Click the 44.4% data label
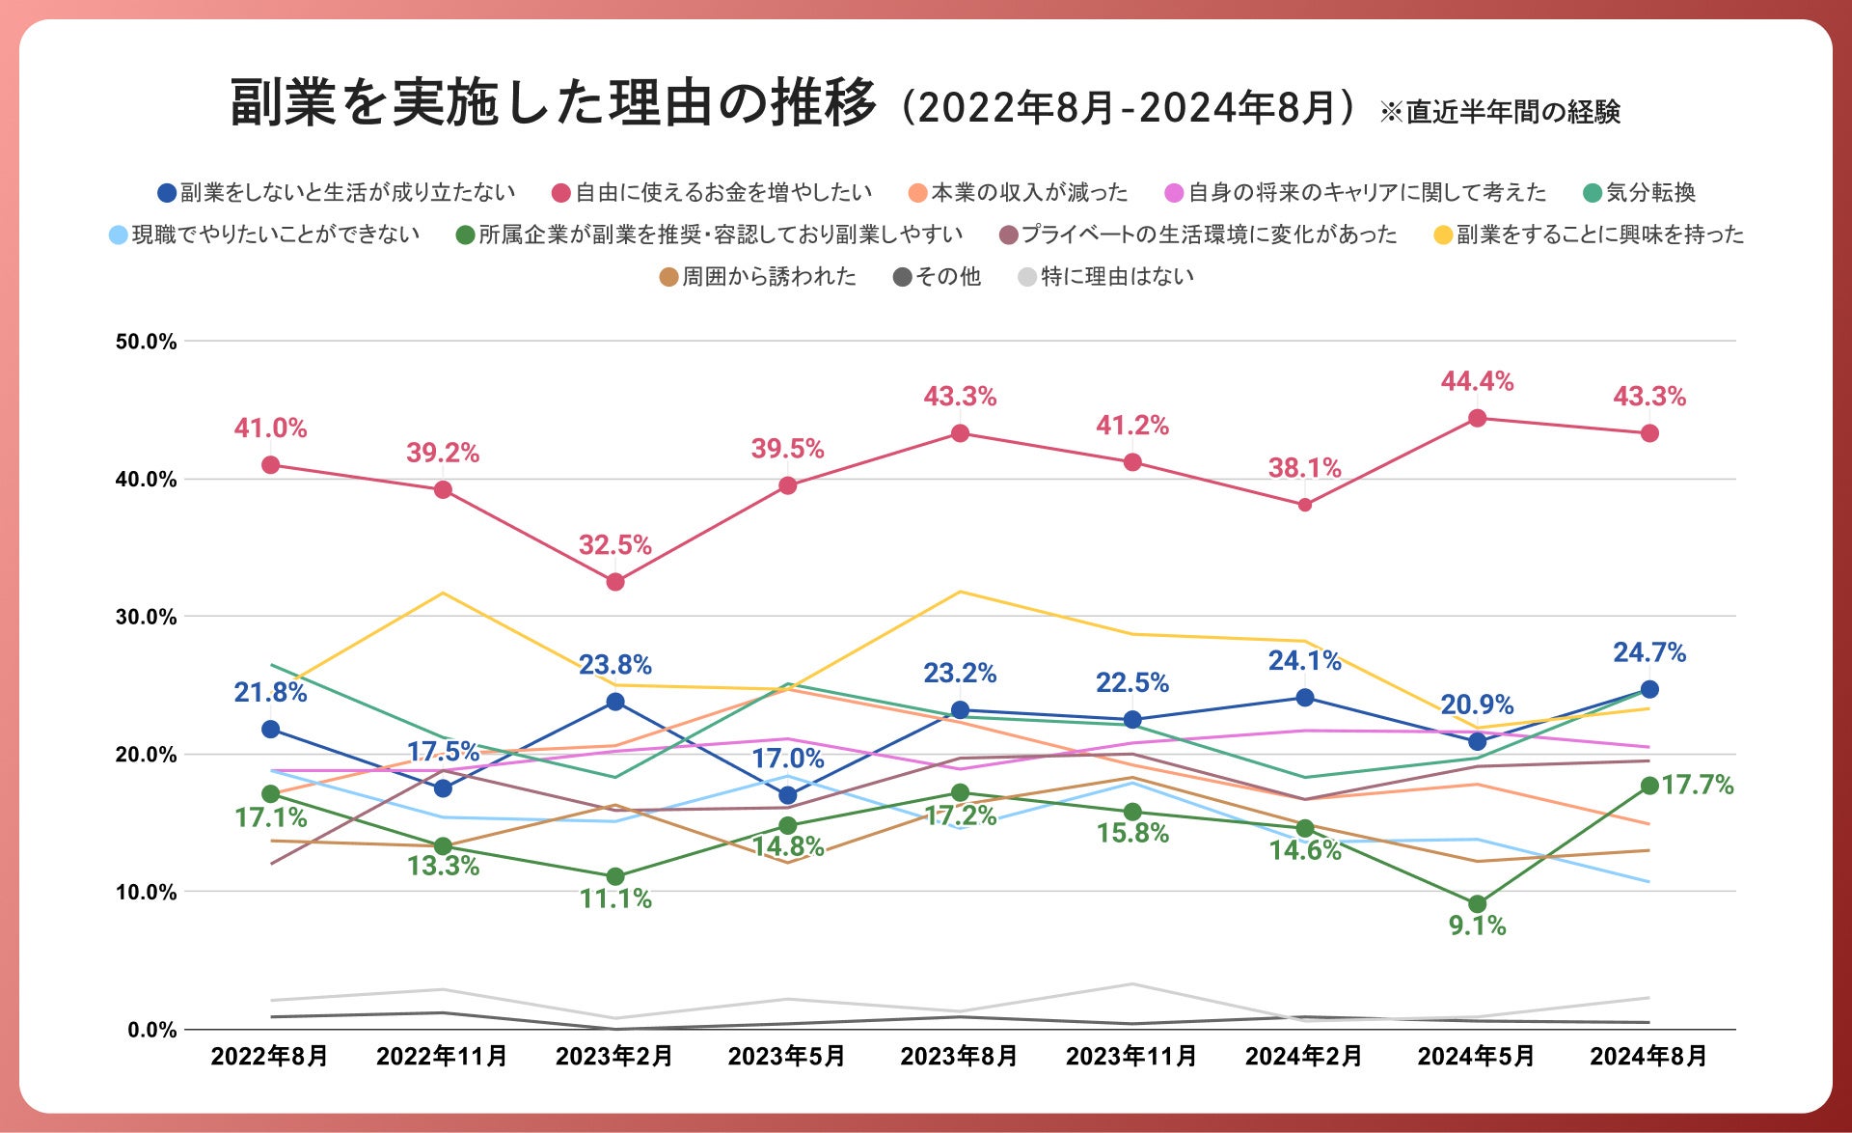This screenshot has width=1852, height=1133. pyautogui.click(x=1477, y=381)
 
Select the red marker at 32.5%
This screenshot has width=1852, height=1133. pyautogui.click(x=615, y=582)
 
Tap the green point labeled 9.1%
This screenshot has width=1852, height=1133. pyautogui.click(x=1477, y=904)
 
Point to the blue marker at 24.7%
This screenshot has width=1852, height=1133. pyautogui.click(x=1649, y=689)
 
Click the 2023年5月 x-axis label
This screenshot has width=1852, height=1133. pyautogui.click(x=786, y=1056)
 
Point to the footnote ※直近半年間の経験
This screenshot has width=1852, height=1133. pyautogui.click(x=1500, y=112)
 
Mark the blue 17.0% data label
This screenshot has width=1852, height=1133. pyautogui.click(x=788, y=759)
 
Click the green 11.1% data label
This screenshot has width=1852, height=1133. pyautogui.click(x=615, y=899)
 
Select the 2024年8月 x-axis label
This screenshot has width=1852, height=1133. pyautogui.click(x=1648, y=1056)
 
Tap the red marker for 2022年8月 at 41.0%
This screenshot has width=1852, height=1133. pyautogui.click(x=271, y=465)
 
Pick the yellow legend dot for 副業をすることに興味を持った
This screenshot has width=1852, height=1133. pyautogui.click(x=1444, y=235)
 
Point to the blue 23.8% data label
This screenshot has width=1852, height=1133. pyautogui.click(x=615, y=665)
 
